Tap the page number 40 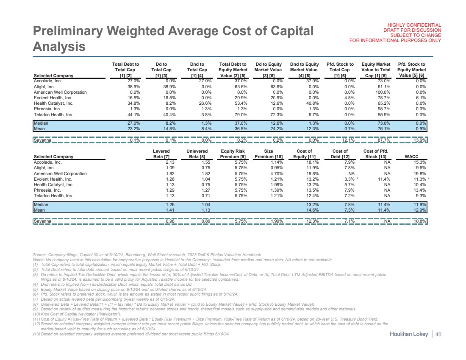click(x=438, y=335)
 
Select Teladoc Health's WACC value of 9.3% click(x=419, y=196)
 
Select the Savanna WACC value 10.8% click(x=419, y=221)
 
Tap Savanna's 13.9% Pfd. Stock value click(x=419, y=140)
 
